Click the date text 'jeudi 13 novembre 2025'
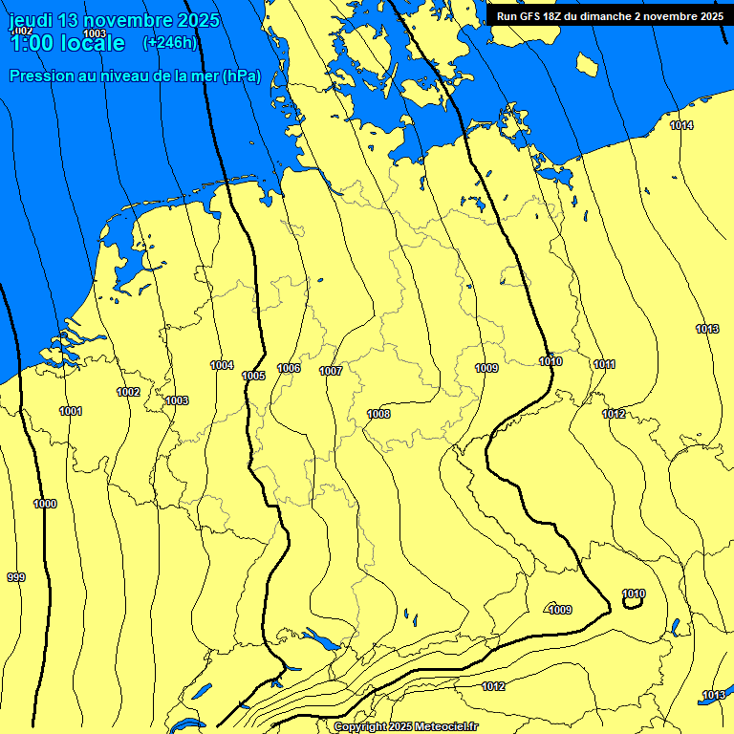coord(114,21)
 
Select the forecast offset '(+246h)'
coord(169,42)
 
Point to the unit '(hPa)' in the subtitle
coord(241,76)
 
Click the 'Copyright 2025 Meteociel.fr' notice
coord(405,726)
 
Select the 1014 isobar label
coord(681,126)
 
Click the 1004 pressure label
coord(222,365)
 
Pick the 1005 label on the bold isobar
coord(253,376)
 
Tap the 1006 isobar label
coord(289,368)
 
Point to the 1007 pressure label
coord(331,371)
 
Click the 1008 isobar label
coord(378,414)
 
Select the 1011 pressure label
coord(604,364)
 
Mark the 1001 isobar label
coord(70,411)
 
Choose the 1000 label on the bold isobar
coord(45,504)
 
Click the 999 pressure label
coord(16,577)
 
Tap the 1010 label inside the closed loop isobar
coord(634,594)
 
